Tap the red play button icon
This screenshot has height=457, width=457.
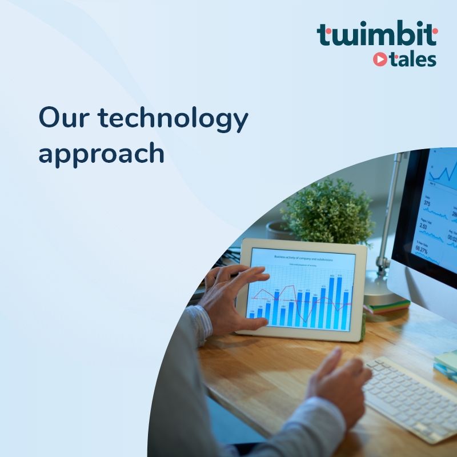380,59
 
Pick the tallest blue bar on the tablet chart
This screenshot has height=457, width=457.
339,303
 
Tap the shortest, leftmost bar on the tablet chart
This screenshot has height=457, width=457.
251,315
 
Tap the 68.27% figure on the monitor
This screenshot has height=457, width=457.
422,250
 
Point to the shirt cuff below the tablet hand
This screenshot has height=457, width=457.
201,323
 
